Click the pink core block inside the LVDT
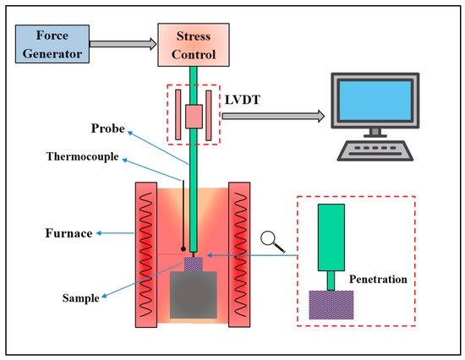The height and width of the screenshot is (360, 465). coord(194,117)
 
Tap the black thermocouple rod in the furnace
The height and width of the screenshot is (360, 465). coord(183,215)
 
